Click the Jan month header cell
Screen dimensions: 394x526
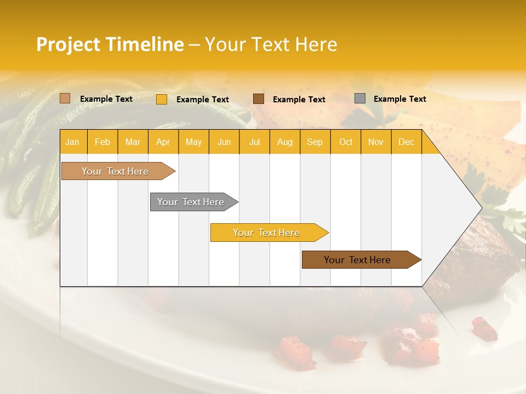[x=73, y=142]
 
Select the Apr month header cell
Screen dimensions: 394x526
[x=163, y=142]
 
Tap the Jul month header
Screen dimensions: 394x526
[x=254, y=142]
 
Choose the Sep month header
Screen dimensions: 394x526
[x=315, y=142]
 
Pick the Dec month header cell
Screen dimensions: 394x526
[x=406, y=142]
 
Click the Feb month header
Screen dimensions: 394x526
[x=102, y=142]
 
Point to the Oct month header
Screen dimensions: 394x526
[x=346, y=142]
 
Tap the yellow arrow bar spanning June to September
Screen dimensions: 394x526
[x=267, y=233]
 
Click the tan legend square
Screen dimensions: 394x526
[x=65, y=99]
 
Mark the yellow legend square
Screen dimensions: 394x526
[x=162, y=99]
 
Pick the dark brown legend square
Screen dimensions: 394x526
[x=259, y=99]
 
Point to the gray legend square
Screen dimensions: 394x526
[x=360, y=99]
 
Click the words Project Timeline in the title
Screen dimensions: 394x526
[x=110, y=44]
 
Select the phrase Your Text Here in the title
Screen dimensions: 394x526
[x=271, y=44]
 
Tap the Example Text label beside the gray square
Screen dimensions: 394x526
[x=399, y=99]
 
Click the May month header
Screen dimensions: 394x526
[x=193, y=142]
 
